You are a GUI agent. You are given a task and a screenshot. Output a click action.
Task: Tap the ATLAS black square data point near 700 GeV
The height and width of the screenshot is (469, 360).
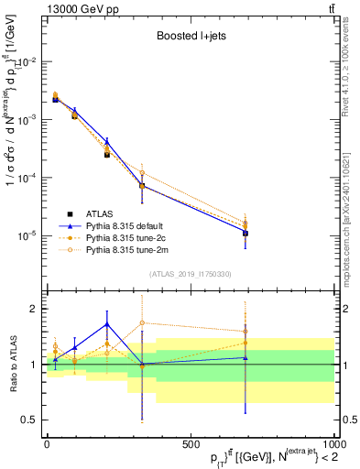(x=245, y=234)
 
